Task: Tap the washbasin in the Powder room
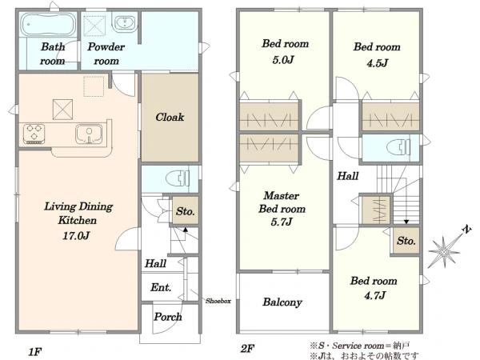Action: click(124, 23)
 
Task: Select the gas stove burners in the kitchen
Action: click(34, 134)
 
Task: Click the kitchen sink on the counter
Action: click(89, 134)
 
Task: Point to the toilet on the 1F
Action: click(178, 178)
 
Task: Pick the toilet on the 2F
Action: click(398, 147)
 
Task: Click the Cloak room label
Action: click(170, 117)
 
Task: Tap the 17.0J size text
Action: click(76, 236)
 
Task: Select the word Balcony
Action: click(282, 302)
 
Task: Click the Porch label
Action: click(168, 317)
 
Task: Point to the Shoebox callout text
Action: click(218, 301)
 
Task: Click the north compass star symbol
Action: click(445, 252)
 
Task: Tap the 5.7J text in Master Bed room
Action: click(282, 222)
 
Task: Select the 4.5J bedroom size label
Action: click(378, 63)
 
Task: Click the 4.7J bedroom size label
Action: click(375, 295)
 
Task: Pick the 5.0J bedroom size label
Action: click(283, 60)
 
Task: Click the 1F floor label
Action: click(35, 351)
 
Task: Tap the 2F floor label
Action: click(247, 348)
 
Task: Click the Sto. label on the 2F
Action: click(406, 241)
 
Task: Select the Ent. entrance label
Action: click(161, 287)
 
